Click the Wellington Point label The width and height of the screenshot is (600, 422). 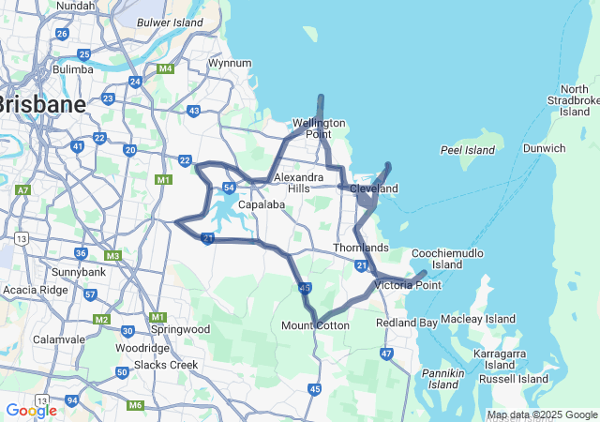tap(319, 128)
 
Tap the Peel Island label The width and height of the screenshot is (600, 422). tap(467, 150)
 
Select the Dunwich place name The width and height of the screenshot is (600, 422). tap(544, 148)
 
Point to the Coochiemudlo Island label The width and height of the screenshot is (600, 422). tap(448, 259)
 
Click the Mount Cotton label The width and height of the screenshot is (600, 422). tap(315, 325)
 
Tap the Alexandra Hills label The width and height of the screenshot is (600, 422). tap(298, 182)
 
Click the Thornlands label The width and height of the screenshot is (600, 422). tap(361, 248)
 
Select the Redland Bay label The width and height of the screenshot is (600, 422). tap(406, 323)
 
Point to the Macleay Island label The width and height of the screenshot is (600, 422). tap(478, 319)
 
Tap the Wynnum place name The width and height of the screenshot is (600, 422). tap(230, 63)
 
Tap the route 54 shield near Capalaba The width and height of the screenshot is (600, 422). tap(229, 188)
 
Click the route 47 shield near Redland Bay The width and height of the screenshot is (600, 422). tap(386, 354)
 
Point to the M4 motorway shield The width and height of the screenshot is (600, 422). tap(166, 68)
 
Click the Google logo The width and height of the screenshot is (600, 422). tap(31, 411)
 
